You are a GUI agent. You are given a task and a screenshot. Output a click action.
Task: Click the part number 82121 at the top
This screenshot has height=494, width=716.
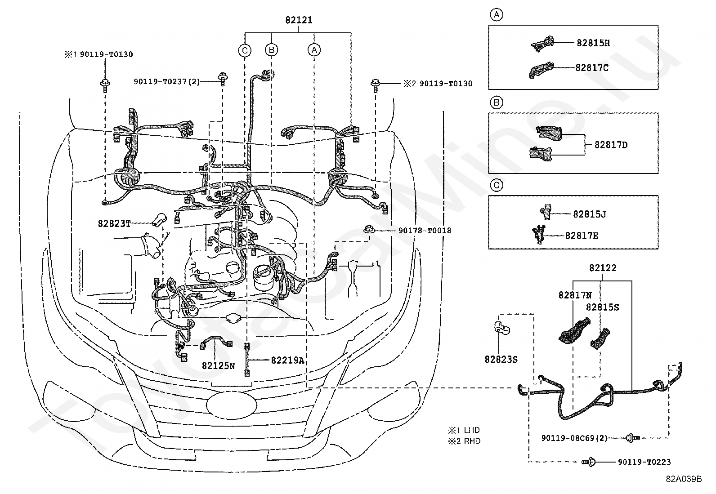[x=299, y=20]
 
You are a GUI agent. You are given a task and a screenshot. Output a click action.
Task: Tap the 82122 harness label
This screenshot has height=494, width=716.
[x=603, y=268]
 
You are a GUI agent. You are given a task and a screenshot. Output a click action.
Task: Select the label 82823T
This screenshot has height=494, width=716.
[x=114, y=224]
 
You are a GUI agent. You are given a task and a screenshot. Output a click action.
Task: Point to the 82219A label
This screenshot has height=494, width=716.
[x=287, y=360]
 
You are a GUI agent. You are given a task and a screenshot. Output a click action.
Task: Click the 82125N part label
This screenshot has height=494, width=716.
[x=218, y=366]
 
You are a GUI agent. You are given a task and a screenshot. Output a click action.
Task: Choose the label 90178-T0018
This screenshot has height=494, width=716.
[x=425, y=231]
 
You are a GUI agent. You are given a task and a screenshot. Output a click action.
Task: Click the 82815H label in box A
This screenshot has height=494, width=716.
[x=593, y=43]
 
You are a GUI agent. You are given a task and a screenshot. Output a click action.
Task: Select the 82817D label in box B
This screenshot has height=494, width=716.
[x=611, y=145]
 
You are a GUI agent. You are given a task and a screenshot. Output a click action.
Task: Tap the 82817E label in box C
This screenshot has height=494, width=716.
[x=582, y=236]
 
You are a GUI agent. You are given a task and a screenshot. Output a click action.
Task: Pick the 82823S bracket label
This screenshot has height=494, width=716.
[x=501, y=360]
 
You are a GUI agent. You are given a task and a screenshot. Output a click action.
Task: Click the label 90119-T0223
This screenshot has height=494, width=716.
[x=644, y=462]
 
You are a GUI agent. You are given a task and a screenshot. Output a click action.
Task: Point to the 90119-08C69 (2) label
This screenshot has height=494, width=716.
[x=574, y=438]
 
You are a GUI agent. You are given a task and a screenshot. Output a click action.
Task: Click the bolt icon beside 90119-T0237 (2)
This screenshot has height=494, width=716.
[x=223, y=79]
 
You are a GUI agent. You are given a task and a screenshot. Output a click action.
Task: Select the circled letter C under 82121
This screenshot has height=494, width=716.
[x=245, y=50]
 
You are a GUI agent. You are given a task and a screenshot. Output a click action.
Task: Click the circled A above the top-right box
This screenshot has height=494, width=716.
[x=497, y=15]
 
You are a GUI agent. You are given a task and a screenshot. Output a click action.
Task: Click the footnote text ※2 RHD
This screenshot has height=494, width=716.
[x=464, y=441]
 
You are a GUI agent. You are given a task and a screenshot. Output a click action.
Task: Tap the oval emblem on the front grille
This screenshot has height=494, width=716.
[x=232, y=405]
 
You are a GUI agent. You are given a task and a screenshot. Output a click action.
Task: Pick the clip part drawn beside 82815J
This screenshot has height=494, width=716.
[x=546, y=212]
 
